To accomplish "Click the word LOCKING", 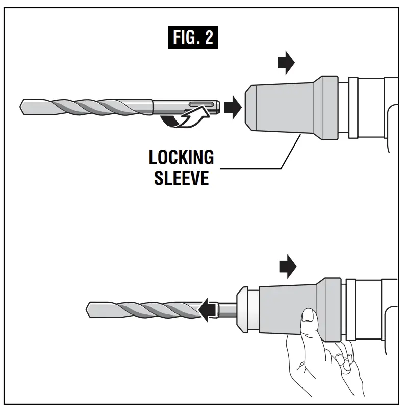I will (181, 158).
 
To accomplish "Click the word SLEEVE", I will (181, 178).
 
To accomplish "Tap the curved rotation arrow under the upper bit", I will (186, 120).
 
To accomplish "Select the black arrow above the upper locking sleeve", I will (286, 62).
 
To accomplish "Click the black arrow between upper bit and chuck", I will (233, 107).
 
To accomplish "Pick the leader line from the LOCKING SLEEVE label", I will (255, 167).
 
